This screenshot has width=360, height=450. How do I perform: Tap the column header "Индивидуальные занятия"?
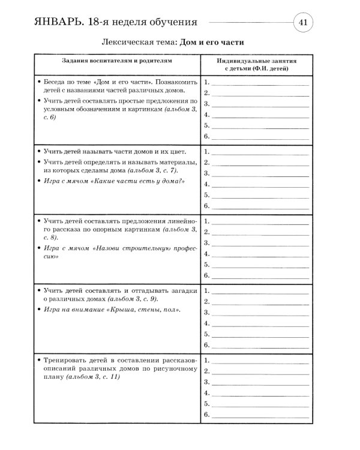tap(257, 61)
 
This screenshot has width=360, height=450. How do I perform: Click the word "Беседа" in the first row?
tap(56, 81)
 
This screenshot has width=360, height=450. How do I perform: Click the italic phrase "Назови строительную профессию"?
tap(114, 251)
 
